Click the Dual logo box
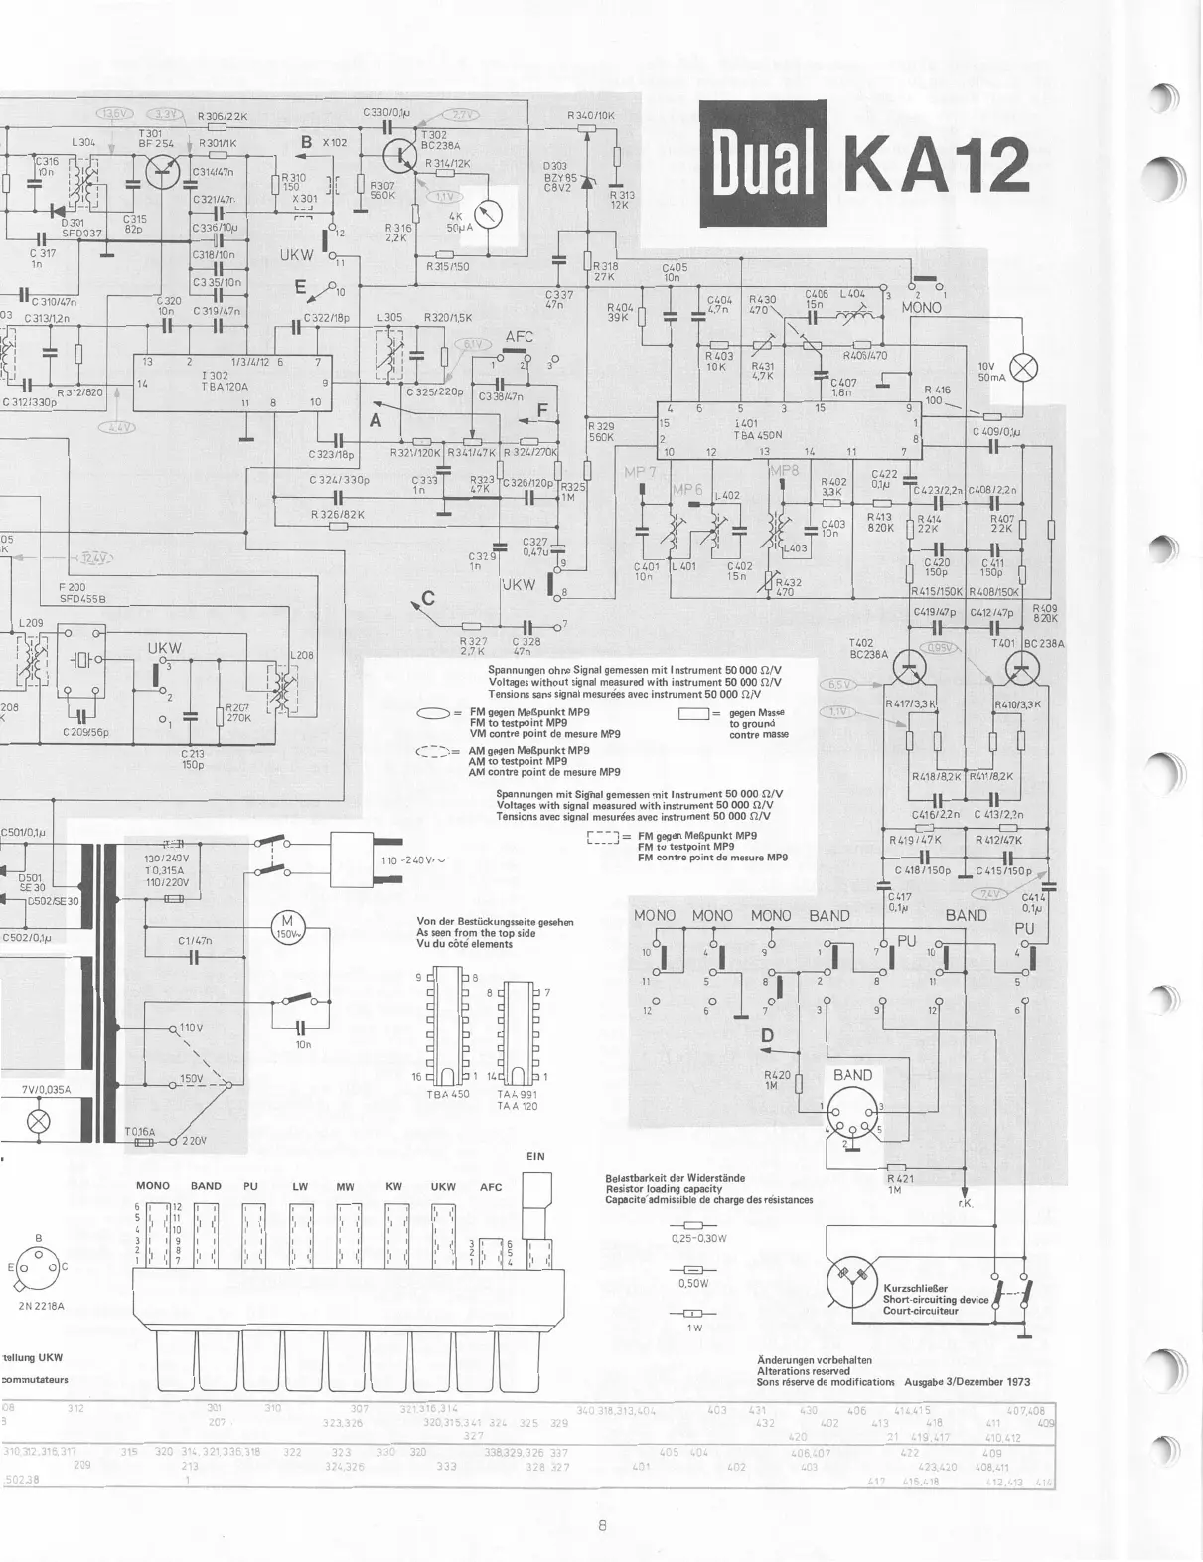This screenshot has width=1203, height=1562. point(764,165)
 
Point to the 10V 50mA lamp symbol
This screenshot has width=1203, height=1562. point(1023,369)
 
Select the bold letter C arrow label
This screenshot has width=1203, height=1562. point(428,598)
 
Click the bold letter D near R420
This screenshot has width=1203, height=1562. point(767,1036)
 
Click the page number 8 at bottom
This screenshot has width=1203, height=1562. point(602,1526)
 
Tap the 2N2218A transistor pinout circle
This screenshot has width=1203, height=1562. point(39,1266)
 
